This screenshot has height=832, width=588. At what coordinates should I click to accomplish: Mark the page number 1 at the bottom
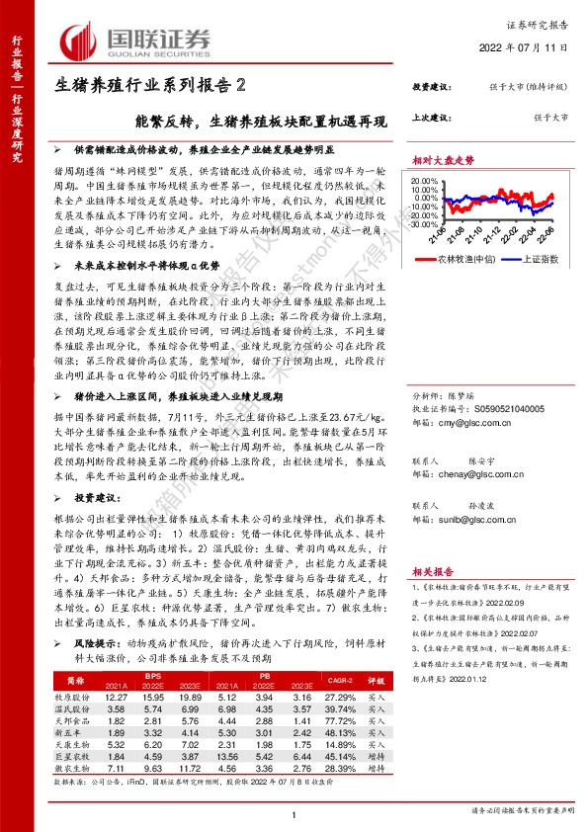294,812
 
